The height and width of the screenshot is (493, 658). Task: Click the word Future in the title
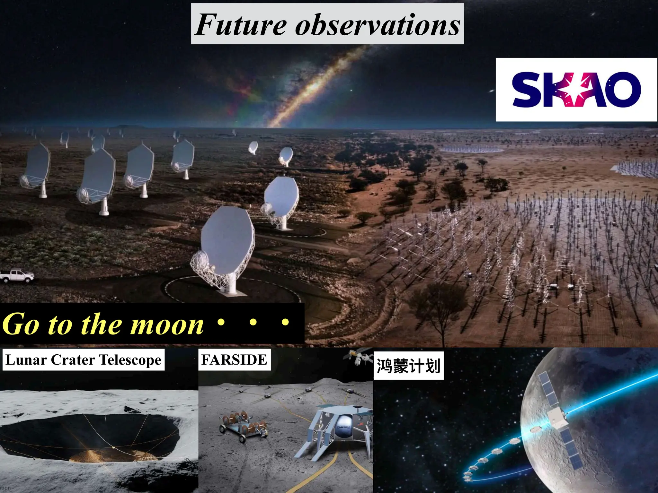click(241, 25)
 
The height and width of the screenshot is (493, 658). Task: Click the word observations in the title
click(378, 25)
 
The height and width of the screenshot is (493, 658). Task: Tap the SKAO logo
click(576, 90)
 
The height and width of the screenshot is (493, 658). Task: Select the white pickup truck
click(17, 276)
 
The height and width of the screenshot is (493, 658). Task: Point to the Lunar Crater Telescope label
click(84, 360)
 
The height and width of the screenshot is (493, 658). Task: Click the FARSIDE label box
click(234, 359)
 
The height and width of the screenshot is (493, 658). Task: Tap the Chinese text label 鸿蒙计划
click(409, 366)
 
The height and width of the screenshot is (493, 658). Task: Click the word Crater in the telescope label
click(73, 360)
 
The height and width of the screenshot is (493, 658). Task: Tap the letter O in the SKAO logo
click(625, 90)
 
